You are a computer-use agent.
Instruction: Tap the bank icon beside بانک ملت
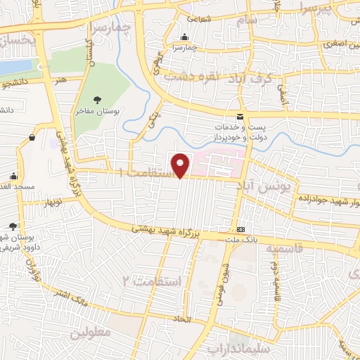(241, 229)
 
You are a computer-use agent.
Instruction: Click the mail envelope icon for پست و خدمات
(240, 116)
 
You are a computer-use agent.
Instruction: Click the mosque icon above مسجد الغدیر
(13, 176)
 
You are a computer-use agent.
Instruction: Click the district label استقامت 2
(155, 281)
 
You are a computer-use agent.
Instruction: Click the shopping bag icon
(32, 139)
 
